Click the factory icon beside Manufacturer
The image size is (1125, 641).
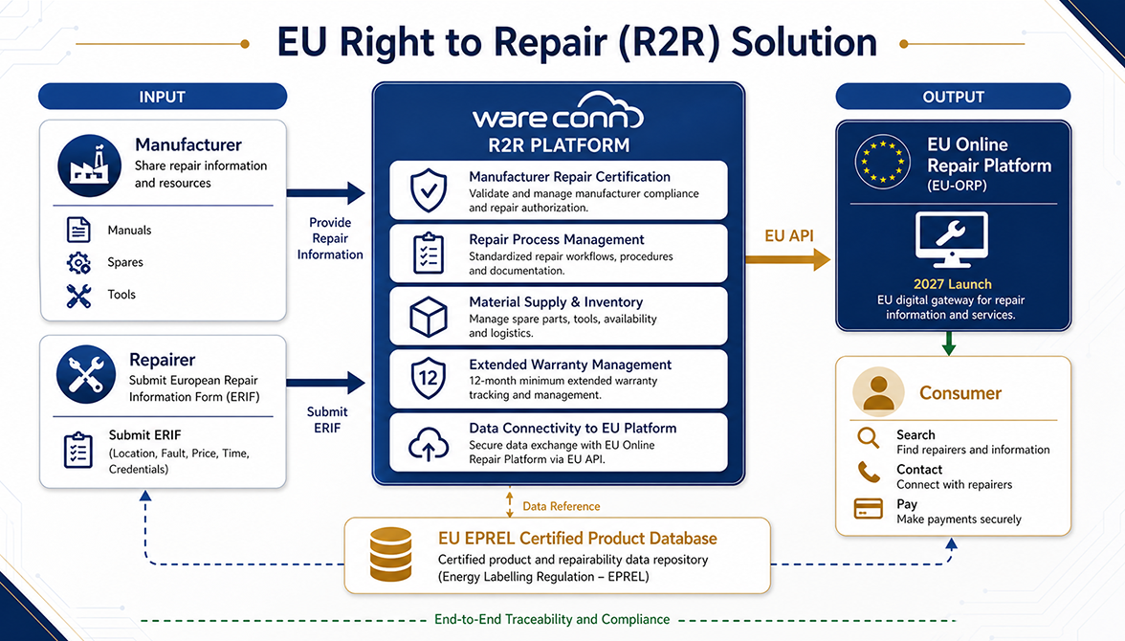90,166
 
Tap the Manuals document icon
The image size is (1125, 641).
78,230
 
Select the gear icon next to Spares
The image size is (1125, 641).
78,263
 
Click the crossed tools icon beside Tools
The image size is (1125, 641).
78,295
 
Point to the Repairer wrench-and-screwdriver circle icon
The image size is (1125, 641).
86,375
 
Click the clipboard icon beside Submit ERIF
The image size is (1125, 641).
78,450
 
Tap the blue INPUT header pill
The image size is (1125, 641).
163,97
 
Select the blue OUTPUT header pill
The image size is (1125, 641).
953,97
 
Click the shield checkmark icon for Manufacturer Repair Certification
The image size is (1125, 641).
429,190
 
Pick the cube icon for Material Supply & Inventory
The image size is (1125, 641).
429,317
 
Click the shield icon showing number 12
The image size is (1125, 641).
429,378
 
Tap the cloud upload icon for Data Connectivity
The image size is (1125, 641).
429,443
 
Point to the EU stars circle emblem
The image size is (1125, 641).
882,163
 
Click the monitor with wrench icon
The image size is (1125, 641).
951,240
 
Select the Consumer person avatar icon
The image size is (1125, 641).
878,392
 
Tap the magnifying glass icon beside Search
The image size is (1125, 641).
869,438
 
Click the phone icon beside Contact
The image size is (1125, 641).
869,472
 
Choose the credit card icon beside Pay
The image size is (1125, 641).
869,508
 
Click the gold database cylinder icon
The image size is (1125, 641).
390,554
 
